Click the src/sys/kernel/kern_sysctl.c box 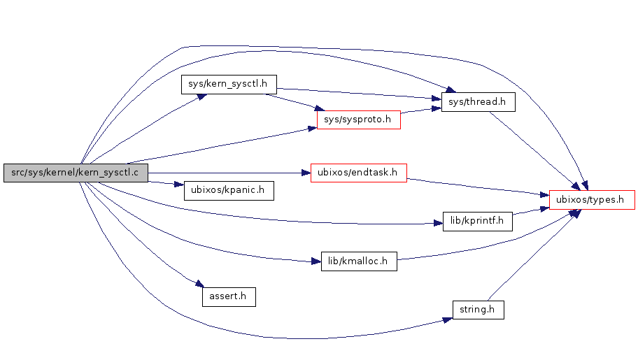pyautogui.click(x=76, y=173)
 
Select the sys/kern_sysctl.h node pyautogui.click(x=229, y=84)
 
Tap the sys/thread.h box pyautogui.click(x=478, y=102)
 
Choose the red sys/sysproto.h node pyautogui.click(x=358, y=120)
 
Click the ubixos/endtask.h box pyautogui.click(x=358, y=172)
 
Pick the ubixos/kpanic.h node pyautogui.click(x=228, y=190)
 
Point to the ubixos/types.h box pyautogui.click(x=592, y=199)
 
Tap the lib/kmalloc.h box pyautogui.click(x=358, y=261)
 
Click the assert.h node pyautogui.click(x=228, y=296)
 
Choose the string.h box pyautogui.click(x=478, y=309)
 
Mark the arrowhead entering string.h pyautogui.click(x=448, y=319)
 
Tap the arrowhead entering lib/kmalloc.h pyautogui.click(x=315, y=261)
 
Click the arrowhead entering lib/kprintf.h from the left pyautogui.click(x=437, y=224)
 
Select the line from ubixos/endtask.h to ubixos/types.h pyautogui.click(x=476, y=185)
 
